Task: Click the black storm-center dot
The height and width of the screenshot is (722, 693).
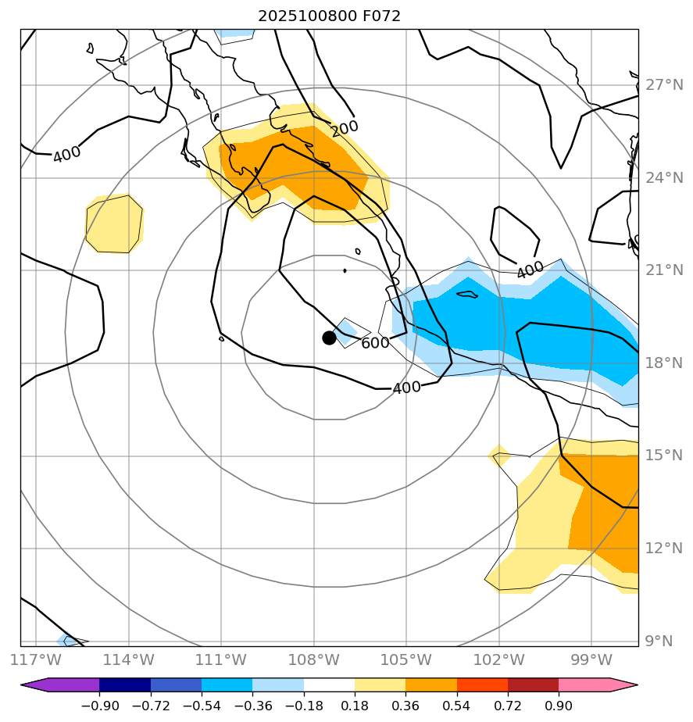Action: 329,338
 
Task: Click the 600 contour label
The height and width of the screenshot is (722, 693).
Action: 375,343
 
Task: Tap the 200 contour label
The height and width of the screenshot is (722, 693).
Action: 344,128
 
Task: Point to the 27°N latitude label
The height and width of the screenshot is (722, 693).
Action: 664,85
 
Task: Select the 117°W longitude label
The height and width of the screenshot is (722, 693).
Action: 37,660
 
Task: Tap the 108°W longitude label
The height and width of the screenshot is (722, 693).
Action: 314,660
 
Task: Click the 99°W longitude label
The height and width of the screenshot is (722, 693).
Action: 591,660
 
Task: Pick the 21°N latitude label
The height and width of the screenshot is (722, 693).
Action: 664,270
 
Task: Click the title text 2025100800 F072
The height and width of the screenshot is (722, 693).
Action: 329,16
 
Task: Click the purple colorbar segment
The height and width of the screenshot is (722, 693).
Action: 66,685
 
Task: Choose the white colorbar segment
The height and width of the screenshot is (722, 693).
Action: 329,685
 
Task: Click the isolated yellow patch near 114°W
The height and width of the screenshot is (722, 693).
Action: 114,224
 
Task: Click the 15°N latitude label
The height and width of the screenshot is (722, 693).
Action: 664,456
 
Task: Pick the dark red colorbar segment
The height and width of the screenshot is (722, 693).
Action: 533,685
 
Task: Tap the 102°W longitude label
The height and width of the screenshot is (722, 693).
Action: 498,660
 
